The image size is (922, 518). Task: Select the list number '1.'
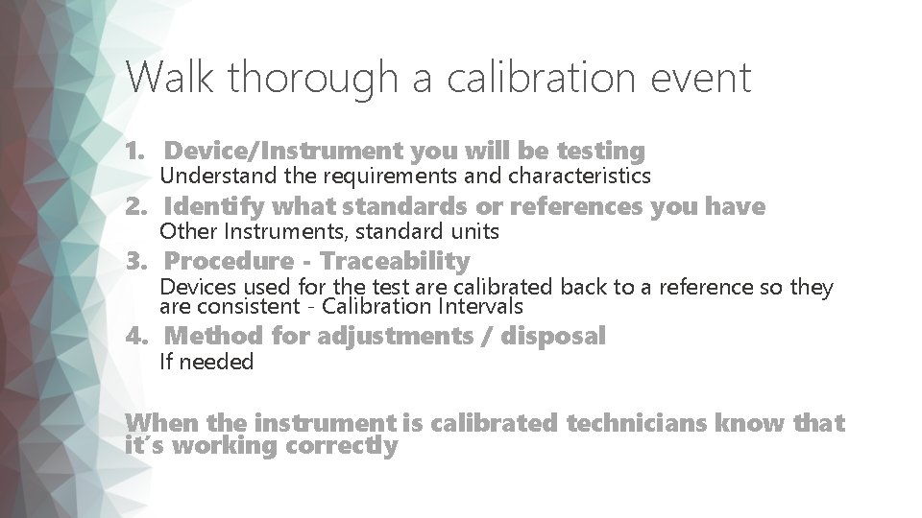(x=138, y=151)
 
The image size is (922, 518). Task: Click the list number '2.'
(x=138, y=206)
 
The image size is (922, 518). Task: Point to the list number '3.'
(x=138, y=261)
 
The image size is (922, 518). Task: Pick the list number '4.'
(x=138, y=336)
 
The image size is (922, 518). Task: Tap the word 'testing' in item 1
(x=598, y=151)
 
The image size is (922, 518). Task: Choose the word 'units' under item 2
(x=476, y=232)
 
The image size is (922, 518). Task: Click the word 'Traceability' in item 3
(x=395, y=261)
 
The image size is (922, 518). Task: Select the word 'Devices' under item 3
(x=193, y=287)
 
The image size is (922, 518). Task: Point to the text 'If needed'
(x=206, y=362)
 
